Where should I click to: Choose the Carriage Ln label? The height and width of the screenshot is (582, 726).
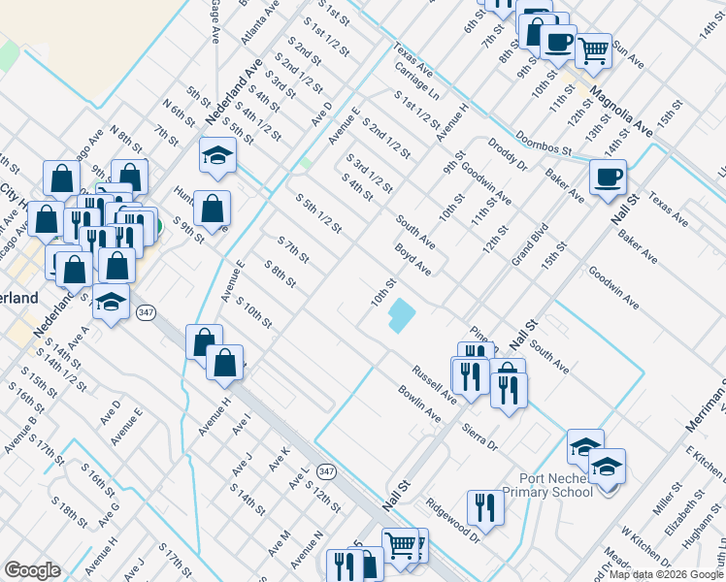pos(417,84)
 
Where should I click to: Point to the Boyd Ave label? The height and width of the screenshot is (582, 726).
pos(412,259)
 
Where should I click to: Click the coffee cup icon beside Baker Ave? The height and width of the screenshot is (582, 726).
pos(608,178)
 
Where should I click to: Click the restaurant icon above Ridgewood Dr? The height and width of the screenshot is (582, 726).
pos(484,507)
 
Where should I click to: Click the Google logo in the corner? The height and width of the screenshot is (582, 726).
pos(32,569)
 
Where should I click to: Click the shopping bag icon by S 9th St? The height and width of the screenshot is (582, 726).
pos(211,208)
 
